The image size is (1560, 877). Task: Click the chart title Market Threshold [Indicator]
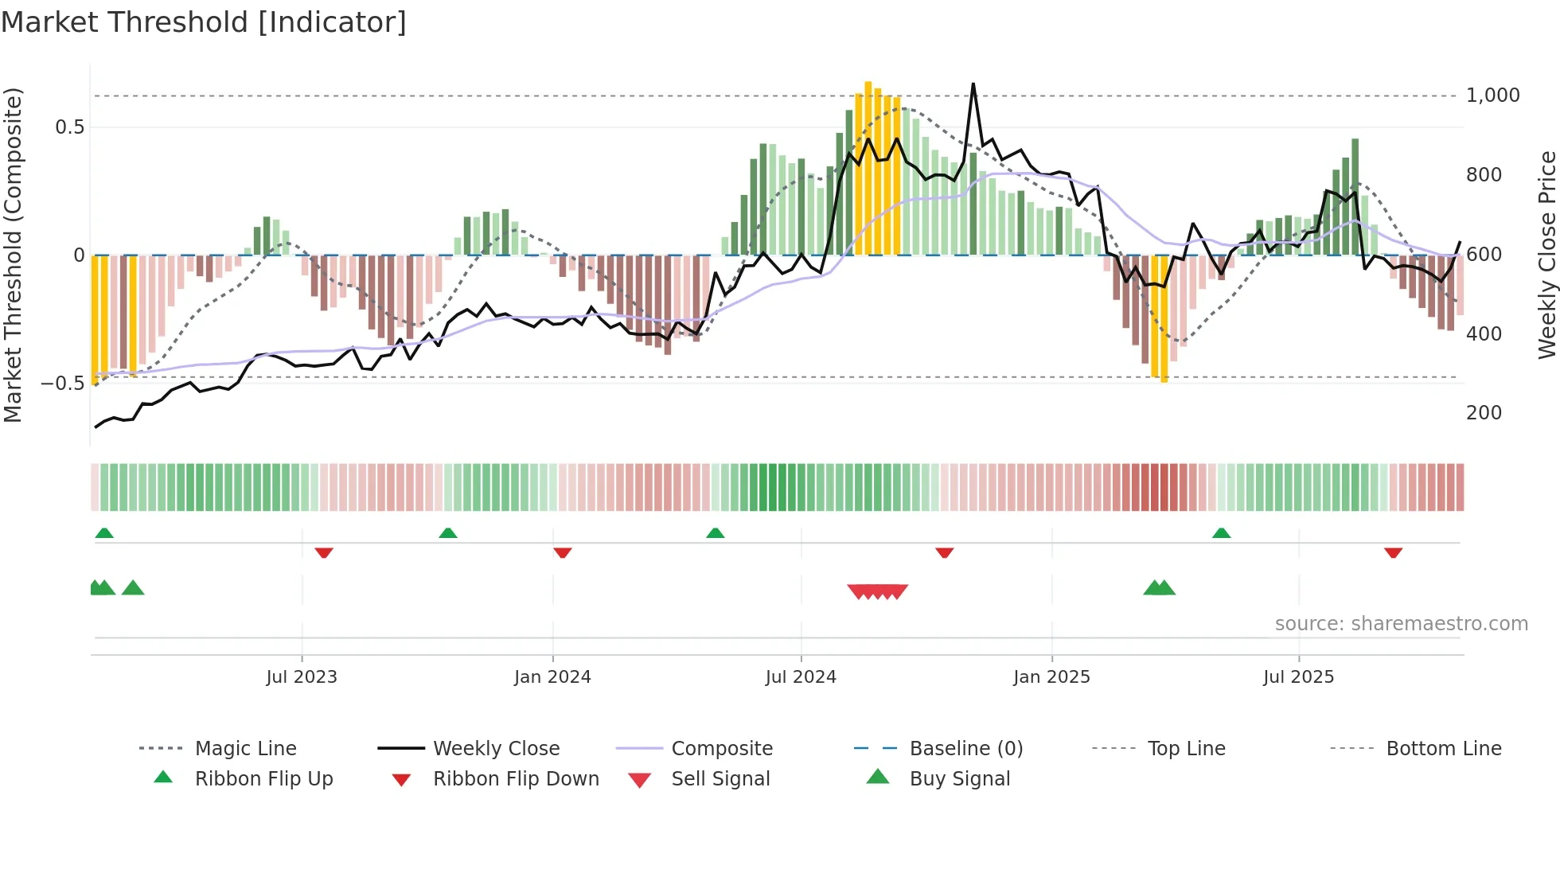tap(204, 22)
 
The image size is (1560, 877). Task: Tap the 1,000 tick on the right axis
tap(1492, 95)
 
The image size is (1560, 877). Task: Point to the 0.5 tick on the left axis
tap(69, 127)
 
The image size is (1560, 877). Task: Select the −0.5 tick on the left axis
tap(62, 384)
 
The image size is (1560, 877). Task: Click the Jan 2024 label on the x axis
tap(552, 677)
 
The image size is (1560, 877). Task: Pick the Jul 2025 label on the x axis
tap(1298, 677)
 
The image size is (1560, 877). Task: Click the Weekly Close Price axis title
tap(1546, 255)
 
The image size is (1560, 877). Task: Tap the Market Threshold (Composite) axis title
tap(13, 255)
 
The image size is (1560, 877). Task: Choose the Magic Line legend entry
tap(245, 749)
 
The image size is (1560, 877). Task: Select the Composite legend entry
tap(721, 749)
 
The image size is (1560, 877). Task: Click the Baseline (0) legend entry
tap(965, 749)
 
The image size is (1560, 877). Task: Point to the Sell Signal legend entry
tap(720, 779)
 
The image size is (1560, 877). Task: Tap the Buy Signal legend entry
tap(959, 779)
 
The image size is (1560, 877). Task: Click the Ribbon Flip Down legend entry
tap(516, 779)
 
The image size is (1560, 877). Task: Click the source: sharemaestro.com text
tap(1401, 624)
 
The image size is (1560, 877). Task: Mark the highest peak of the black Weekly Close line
tap(973, 84)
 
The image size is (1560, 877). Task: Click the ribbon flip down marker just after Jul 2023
tap(323, 552)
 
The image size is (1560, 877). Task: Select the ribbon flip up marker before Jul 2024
tap(715, 532)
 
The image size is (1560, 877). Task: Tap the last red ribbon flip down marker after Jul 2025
tap(1393, 552)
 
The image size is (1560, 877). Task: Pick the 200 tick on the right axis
tap(1484, 413)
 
